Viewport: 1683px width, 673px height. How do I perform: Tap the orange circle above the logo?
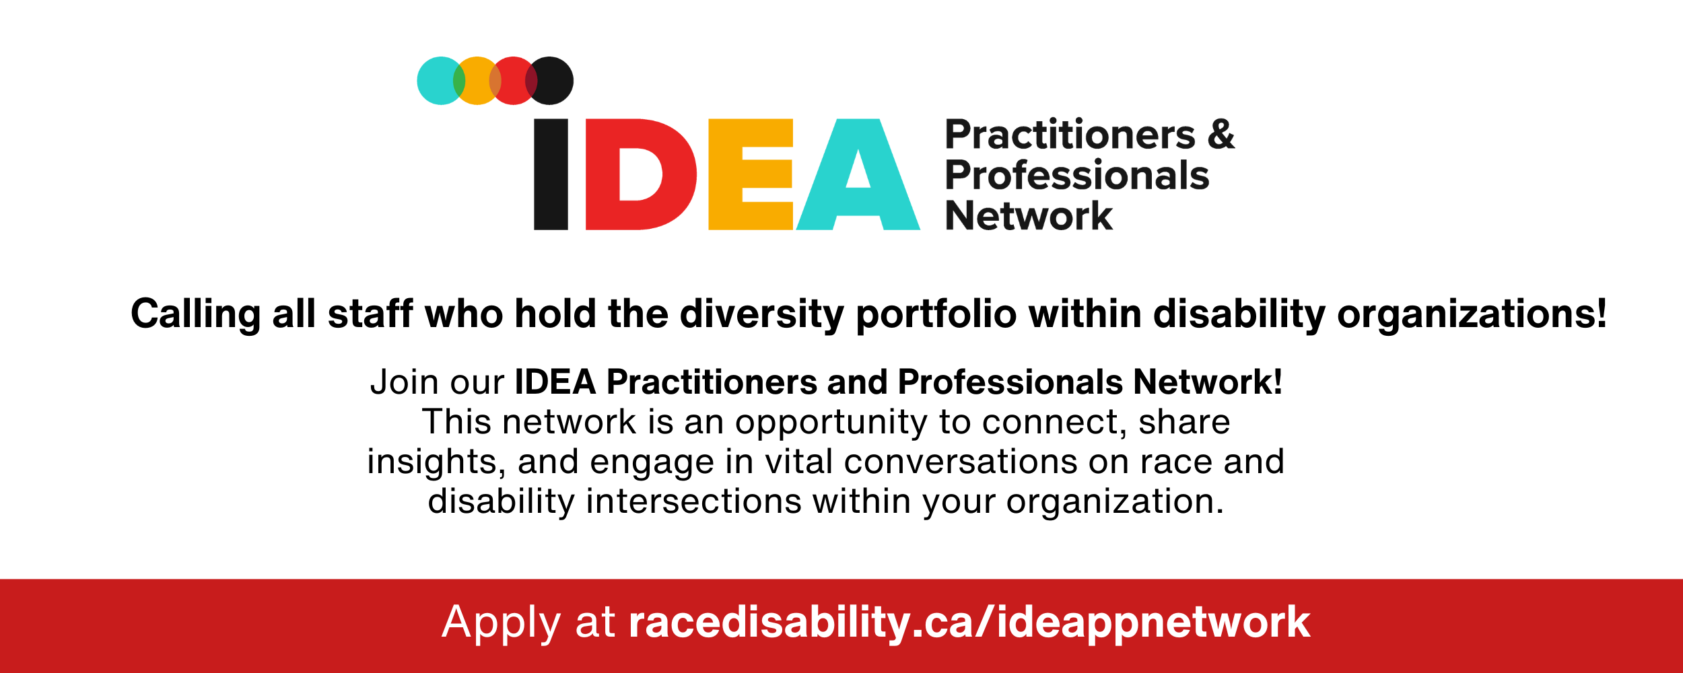477,81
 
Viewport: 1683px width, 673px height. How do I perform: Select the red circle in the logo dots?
514,81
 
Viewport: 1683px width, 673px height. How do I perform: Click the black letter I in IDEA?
551,174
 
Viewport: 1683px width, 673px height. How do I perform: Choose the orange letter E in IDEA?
749,174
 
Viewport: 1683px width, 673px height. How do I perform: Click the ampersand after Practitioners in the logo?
1221,135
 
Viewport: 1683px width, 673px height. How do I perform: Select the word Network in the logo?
1029,216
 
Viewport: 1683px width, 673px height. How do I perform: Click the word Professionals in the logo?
1076,176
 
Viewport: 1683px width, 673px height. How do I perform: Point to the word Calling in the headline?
195,314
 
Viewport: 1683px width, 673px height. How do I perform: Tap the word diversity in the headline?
761,314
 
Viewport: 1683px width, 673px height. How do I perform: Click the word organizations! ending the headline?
1472,314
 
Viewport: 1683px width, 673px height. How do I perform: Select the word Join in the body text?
405,382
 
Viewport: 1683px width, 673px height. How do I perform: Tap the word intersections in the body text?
694,502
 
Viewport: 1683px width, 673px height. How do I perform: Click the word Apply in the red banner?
501,623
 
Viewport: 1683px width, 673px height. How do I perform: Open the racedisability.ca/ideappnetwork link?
969,623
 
